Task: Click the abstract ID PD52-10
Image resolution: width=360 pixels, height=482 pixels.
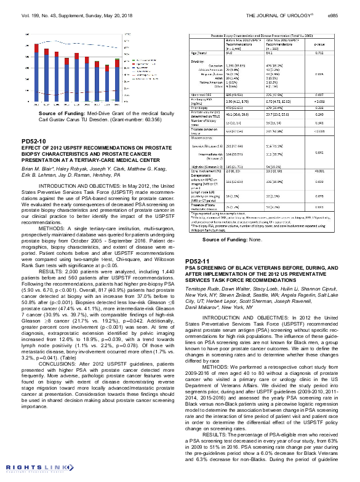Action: click(34, 142)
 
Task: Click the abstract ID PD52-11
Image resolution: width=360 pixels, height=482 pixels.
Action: click(198, 262)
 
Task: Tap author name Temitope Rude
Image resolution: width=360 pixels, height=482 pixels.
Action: click(202, 288)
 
